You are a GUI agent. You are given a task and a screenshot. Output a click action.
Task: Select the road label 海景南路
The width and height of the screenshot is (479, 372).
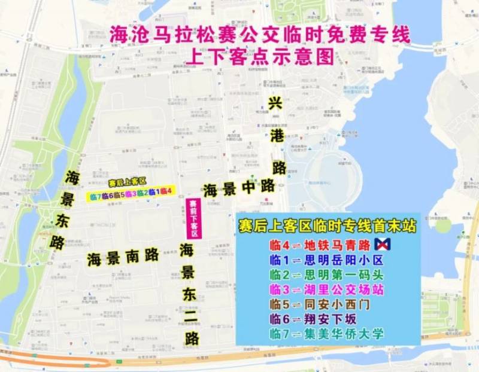[x=123, y=257]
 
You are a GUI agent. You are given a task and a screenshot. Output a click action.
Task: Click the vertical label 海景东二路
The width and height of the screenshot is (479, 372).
[x=191, y=293]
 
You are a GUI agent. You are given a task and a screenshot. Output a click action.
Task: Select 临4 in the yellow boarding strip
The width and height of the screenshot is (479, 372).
[x=166, y=192]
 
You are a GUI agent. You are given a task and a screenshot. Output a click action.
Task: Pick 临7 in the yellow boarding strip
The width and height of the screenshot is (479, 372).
[x=95, y=195]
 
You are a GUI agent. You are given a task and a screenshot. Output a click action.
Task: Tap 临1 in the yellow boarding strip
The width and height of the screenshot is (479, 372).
[x=154, y=193]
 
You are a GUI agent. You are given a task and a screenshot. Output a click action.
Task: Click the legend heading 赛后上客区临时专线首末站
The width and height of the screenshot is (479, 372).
[x=328, y=227]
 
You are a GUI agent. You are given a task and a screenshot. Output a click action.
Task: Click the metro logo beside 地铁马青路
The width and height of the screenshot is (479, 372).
[x=381, y=244]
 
